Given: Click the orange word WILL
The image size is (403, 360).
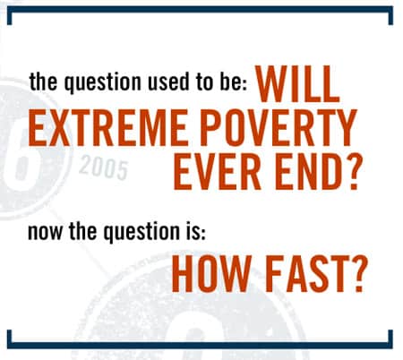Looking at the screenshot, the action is tap(297, 84).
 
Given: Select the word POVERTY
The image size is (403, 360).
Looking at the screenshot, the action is tap(279, 127).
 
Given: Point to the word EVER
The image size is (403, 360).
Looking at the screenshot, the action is tap(217, 171).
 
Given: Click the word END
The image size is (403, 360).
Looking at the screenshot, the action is tap(308, 171).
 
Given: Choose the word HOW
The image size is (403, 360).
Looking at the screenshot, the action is tap(211, 274).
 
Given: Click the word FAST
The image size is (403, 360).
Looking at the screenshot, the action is tap(304, 274).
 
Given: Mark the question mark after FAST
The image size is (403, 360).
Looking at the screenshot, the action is tap(356, 274).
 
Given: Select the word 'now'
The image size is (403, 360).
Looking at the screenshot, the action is tap(46, 233).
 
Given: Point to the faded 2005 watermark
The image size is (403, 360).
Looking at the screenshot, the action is tap(103, 167).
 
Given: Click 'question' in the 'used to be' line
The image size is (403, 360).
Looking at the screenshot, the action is tap(103, 83).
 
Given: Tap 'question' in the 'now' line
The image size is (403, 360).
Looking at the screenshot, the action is tap(141, 233).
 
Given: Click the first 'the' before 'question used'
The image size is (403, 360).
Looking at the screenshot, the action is tap(43, 81).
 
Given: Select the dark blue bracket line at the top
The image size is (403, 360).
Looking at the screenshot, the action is tap(200, 9).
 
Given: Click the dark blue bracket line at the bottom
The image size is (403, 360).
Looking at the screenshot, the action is tap(200, 345).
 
